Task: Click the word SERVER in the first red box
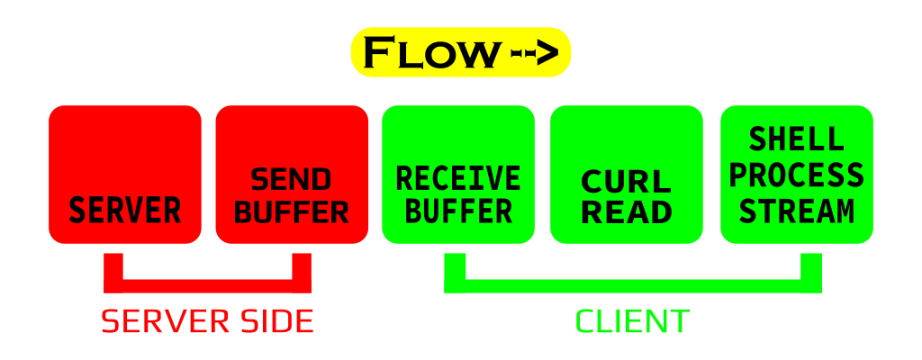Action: pos(125,211)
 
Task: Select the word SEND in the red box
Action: pos(291,180)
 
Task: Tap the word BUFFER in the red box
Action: pos(291,212)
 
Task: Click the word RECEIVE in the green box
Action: pos(458,178)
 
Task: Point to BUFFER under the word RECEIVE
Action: pos(458,211)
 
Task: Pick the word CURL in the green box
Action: pos(627,181)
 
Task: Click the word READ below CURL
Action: pos(627,212)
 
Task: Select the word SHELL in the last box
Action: pos(797,139)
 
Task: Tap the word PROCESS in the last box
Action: pos(797,175)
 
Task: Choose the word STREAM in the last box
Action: pos(797,211)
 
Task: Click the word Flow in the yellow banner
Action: pos(430,53)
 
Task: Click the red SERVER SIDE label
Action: pos(207,321)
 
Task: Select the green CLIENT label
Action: pos(632,321)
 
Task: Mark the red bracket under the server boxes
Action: pos(207,284)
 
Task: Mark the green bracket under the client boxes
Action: pos(632,284)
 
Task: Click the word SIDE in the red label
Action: pos(275,321)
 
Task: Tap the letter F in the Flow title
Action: pos(377,53)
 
